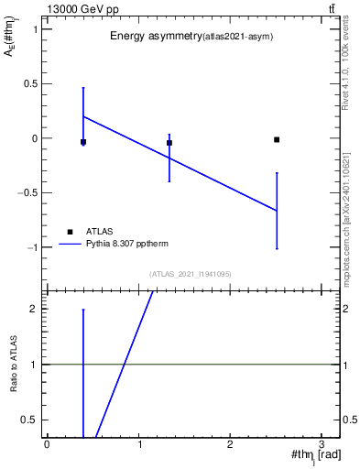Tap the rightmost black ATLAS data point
click(277, 139)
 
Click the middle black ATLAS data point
click(169, 143)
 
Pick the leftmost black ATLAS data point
click(83, 142)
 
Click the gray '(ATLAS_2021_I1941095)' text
click(191, 273)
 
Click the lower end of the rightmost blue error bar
click(277, 248)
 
